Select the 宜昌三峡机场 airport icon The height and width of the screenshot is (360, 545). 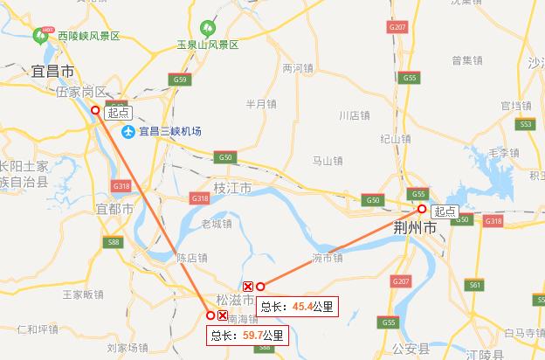[129, 132]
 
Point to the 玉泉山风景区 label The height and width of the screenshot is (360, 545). [207, 44]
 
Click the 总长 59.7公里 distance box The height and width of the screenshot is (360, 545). [246, 335]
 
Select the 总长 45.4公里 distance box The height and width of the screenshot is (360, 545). [297, 306]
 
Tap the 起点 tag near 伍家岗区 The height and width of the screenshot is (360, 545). [116, 113]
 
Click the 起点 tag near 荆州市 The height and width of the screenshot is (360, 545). [445, 211]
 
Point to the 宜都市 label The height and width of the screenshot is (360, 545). [114, 210]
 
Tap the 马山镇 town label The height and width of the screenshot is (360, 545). [328, 161]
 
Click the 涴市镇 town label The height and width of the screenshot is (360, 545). [328, 258]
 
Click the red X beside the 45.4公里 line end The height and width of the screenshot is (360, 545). [247, 286]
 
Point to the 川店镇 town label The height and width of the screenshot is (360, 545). [354, 115]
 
